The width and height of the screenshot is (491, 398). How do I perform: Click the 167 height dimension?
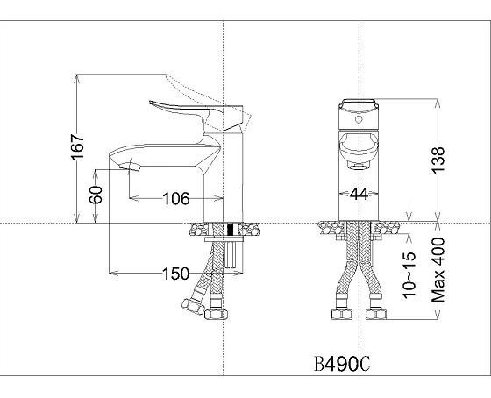tap(78, 146)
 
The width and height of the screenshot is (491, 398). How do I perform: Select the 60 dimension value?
tap(96, 195)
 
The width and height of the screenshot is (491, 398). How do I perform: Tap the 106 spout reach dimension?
tap(176, 198)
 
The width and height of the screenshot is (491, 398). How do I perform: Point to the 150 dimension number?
tap(175, 274)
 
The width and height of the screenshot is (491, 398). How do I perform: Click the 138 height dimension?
tap(438, 160)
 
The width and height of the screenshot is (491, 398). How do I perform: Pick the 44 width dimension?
tap(359, 194)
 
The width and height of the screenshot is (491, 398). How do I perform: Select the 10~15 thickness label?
tap(409, 274)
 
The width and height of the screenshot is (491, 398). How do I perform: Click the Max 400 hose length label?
tap(438, 270)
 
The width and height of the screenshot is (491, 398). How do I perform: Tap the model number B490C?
tap(342, 364)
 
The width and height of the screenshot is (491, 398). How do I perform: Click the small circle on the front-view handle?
tap(359, 119)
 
